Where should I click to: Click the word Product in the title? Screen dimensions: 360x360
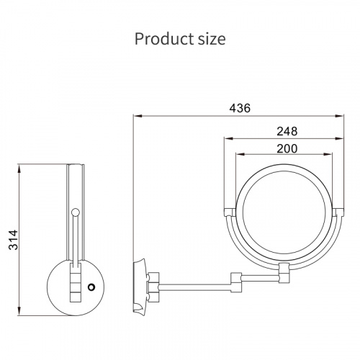pyautogui.click(x=164, y=39)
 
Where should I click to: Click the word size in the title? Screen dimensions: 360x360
pyautogui.click(x=212, y=40)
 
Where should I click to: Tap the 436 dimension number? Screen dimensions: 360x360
pyautogui.click(x=240, y=108)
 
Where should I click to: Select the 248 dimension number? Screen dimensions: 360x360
pyautogui.click(x=287, y=131)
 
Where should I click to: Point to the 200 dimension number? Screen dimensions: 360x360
pyautogui.click(x=287, y=148)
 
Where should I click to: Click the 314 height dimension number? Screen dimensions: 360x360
pyautogui.click(x=14, y=240)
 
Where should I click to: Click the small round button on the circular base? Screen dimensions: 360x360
pyautogui.click(x=91, y=287)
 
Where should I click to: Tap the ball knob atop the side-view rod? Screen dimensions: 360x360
pyautogui.click(x=76, y=212)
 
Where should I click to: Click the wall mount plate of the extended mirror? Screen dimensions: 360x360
pyautogui.click(x=139, y=287)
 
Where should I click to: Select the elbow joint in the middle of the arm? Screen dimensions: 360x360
pyautogui.click(x=236, y=282)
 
